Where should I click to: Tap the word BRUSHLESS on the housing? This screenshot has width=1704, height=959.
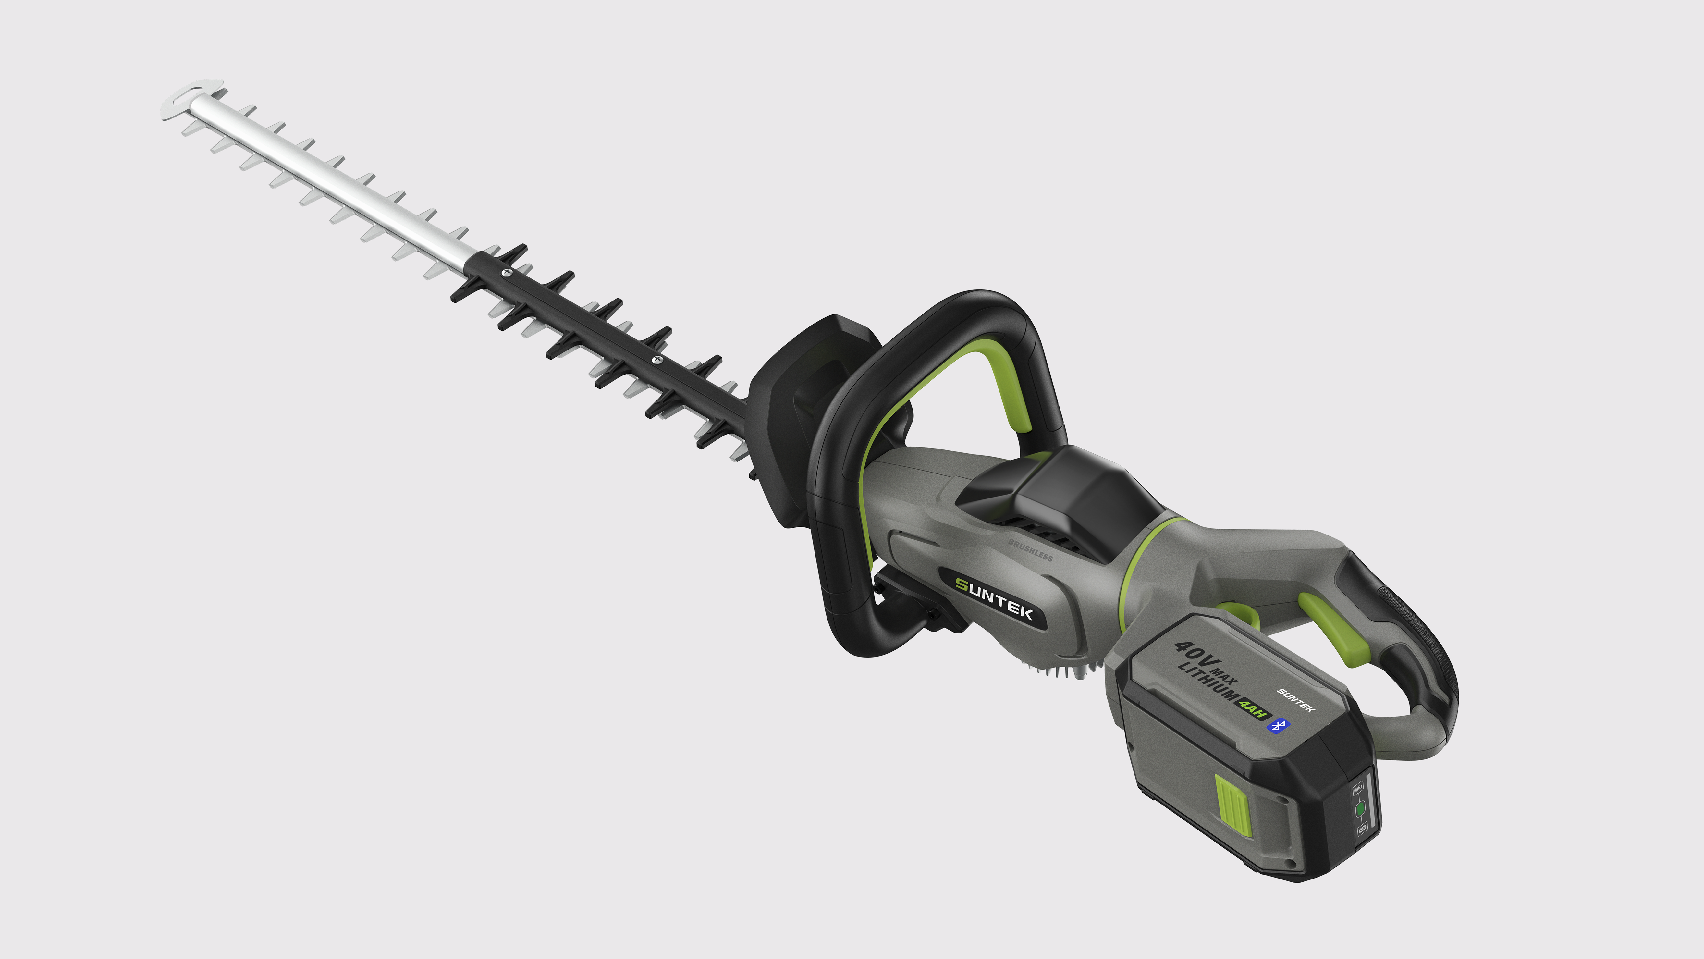[1030, 550]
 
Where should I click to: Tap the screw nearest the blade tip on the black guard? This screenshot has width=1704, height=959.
[507, 271]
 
